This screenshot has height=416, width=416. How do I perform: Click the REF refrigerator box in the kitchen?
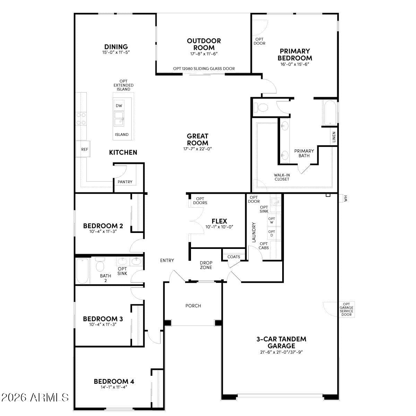pyautogui.click(x=84, y=149)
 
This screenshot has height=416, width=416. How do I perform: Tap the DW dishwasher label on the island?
pyautogui.click(x=119, y=106)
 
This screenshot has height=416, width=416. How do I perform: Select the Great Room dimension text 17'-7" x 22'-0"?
pyautogui.click(x=198, y=149)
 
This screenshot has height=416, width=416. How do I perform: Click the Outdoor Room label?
pyautogui.click(x=204, y=44)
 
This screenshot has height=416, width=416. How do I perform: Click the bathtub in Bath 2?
pyautogui.click(x=83, y=271)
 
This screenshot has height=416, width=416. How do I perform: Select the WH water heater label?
pyautogui.click(x=345, y=199)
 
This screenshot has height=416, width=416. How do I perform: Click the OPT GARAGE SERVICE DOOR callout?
pyautogui.click(x=346, y=309)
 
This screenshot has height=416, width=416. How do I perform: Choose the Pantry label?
pyautogui.click(x=125, y=182)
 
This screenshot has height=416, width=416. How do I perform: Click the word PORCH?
pyautogui.click(x=193, y=306)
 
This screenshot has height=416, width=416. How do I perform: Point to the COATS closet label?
pyautogui.click(x=234, y=257)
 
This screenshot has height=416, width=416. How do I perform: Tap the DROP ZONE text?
pyautogui.click(x=206, y=265)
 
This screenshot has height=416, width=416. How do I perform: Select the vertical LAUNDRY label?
pyautogui.click(x=253, y=232)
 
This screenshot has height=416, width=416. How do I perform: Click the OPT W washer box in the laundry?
pyautogui.click(x=272, y=220)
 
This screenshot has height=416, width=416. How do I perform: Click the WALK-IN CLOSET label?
pyautogui.click(x=282, y=177)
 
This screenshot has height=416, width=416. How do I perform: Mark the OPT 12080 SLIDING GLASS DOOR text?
pyautogui.click(x=204, y=69)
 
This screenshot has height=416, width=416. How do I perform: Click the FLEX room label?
pyautogui.click(x=219, y=221)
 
